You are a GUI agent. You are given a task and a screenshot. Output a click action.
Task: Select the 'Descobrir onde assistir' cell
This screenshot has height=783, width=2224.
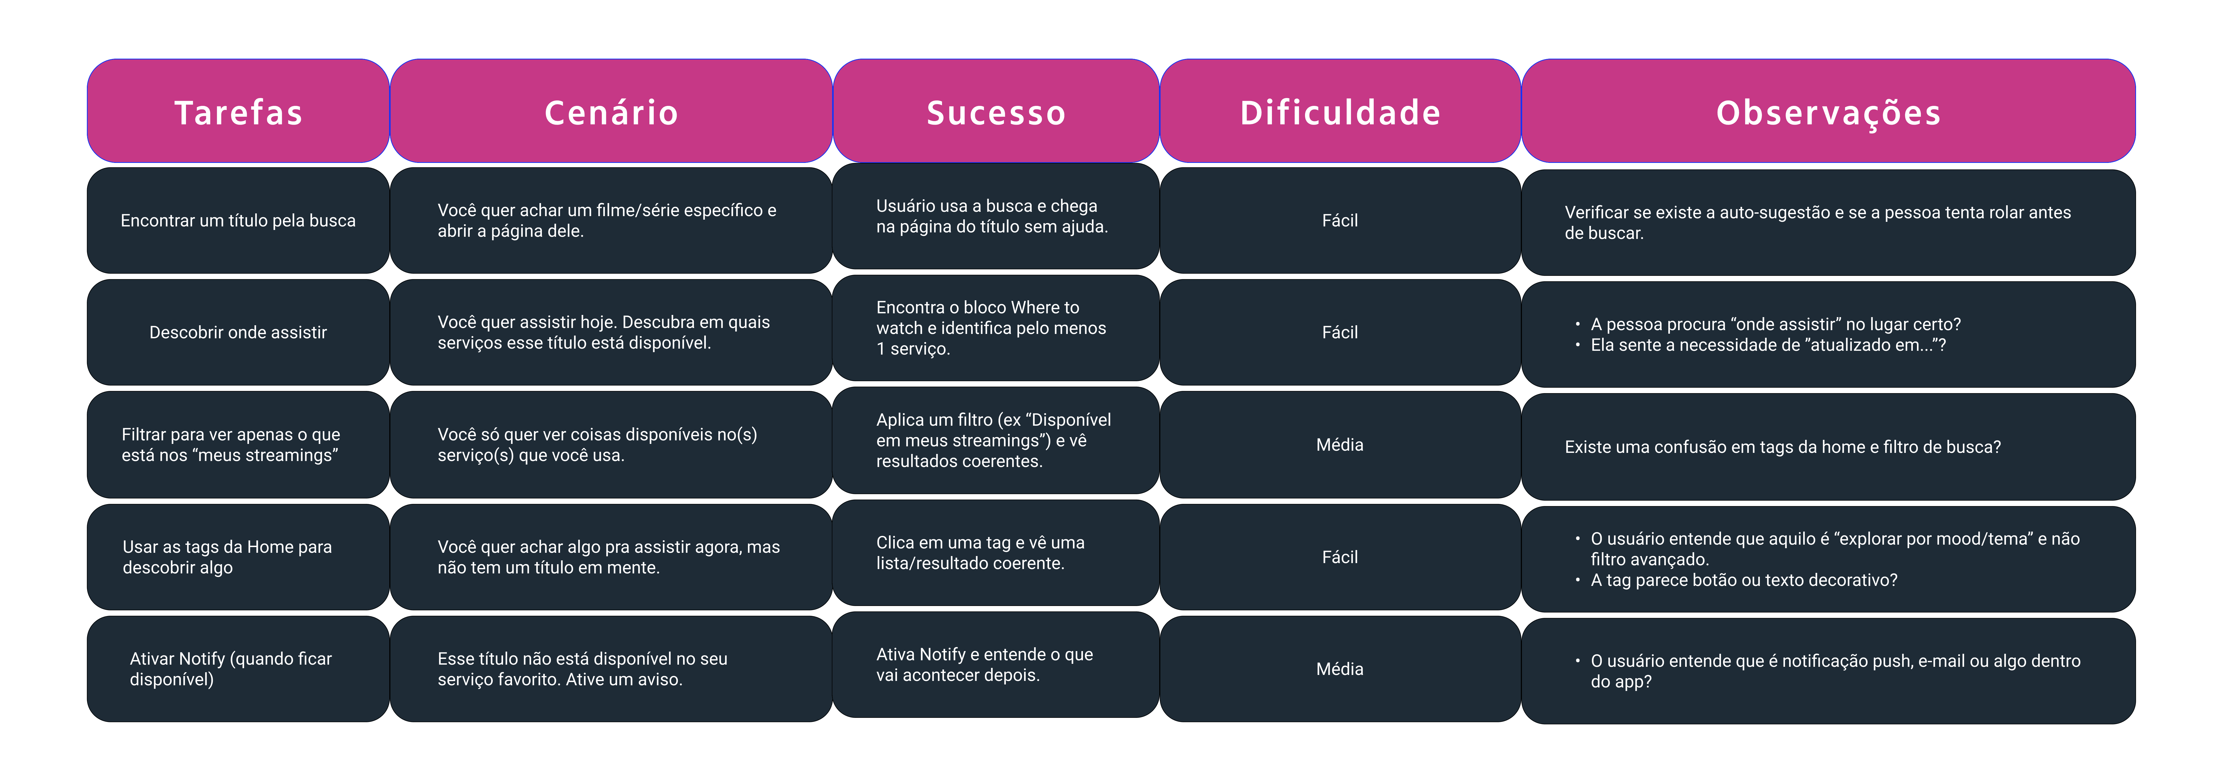click(238, 332)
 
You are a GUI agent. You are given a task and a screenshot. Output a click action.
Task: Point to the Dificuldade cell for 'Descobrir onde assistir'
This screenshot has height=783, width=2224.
click(1340, 332)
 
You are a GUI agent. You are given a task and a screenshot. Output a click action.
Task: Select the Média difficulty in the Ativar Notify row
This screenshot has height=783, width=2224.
click(1340, 669)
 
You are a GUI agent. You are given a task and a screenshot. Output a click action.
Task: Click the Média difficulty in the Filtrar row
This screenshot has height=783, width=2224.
click(1340, 445)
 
